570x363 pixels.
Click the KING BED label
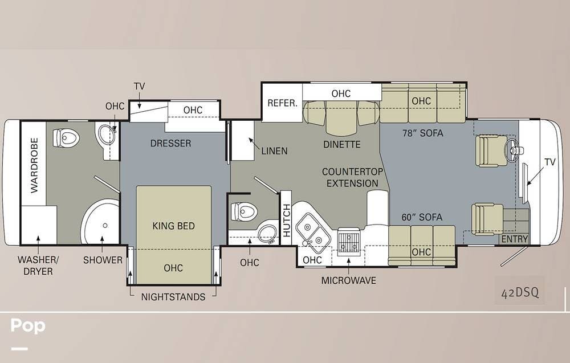click(x=173, y=226)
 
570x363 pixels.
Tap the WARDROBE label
click(x=34, y=165)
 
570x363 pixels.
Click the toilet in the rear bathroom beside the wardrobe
click(x=66, y=138)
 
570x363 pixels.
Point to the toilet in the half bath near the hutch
click(x=244, y=211)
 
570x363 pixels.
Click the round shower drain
click(x=105, y=226)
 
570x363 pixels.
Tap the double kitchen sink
click(x=312, y=233)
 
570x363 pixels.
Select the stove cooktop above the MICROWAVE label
click(x=349, y=241)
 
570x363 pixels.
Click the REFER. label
click(x=283, y=103)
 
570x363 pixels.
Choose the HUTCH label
click(x=287, y=220)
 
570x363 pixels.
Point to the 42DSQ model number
click(x=520, y=292)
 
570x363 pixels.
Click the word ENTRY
click(x=514, y=239)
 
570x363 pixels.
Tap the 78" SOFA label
click(x=422, y=133)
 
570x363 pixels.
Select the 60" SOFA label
click(x=422, y=217)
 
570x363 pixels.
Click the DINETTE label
click(x=341, y=145)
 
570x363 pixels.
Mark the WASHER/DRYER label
click(x=38, y=266)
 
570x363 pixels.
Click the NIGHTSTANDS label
click(x=173, y=297)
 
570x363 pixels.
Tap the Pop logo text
click(x=28, y=325)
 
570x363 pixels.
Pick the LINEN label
click(x=275, y=151)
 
